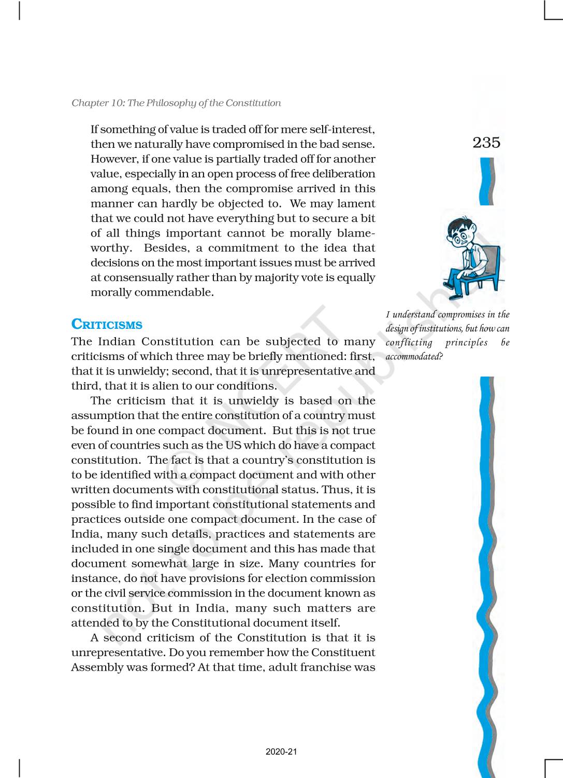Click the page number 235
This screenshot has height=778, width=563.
pyautogui.click(x=486, y=143)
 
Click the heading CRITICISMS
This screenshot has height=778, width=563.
pyautogui.click(x=107, y=325)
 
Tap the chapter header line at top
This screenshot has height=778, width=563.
pyautogui.click(x=176, y=103)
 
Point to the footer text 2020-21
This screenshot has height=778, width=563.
pyautogui.click(x=281, y=752)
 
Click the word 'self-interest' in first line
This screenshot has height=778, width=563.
pyautogui.click(x=341, y=129)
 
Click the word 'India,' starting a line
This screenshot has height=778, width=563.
pyautogui.click(x=85, y=534)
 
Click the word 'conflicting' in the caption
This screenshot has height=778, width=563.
pyautogui.click(x=409, y=342)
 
